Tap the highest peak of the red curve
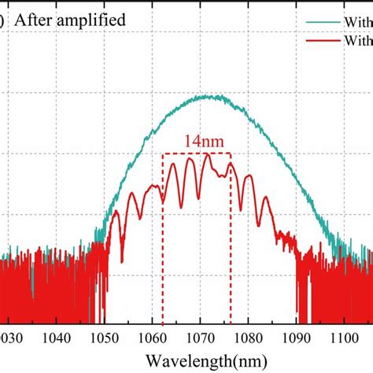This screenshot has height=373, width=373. pyautogui.click(x=207, y=155)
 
